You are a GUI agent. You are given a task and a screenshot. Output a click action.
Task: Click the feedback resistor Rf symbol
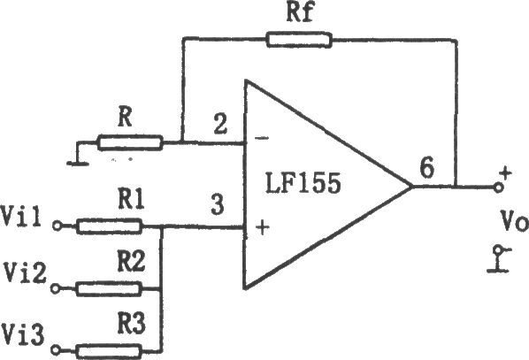(299, 40)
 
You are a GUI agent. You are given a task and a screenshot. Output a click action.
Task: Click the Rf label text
(300, 12)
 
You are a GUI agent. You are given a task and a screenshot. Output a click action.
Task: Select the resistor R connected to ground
(130, 142)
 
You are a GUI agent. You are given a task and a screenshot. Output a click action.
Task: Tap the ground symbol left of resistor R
(78, 155)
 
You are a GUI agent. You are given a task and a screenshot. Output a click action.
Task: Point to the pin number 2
(220, 124)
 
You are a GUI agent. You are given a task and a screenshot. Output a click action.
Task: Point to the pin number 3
(218, 204)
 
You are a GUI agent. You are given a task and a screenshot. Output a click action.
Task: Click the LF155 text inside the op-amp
(303, 183)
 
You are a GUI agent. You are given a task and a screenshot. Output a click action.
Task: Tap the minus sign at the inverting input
(262, 138)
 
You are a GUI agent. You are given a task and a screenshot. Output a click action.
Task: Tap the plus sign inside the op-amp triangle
(263, 227)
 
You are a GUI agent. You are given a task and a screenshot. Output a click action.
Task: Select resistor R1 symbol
(109, 226)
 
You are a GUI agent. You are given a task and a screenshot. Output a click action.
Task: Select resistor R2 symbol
(108, 289)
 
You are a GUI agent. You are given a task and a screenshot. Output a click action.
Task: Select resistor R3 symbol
(109, 351)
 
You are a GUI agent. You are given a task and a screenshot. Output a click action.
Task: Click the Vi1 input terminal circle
(57, 226)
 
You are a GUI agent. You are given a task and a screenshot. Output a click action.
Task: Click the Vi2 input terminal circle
(56, 289)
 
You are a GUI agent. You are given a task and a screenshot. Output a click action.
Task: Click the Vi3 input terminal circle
(56, 350)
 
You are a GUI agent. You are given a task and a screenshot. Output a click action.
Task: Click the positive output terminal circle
(498, 187)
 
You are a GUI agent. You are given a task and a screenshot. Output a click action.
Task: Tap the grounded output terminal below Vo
(499, 259)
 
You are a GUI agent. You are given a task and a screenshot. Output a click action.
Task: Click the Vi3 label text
(23, 334)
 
